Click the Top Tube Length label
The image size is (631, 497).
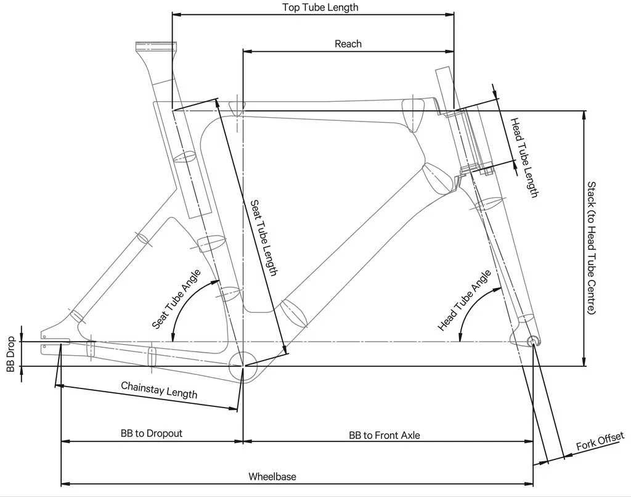pyautogui.click(x=320, y=7)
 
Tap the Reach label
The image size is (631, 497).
pyautogui.click(x=348, y=44)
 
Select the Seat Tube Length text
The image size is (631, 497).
pyautogui.click(x=264, y=238)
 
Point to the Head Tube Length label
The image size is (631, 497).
pyautogui.click(x=524, y=157)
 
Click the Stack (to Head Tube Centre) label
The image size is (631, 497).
pyautogui.click(x=591, y=248)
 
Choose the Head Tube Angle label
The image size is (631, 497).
pyautogui.click(x=465, y=300)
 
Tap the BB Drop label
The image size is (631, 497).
pyautogui.click(x=11, y=354)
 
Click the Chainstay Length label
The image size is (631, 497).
pyautogui.click(x=160, y=390)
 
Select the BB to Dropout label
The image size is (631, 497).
pyautogui.click(x=152, y=433)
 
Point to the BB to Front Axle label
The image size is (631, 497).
pyautogui.click(x=385, y=435)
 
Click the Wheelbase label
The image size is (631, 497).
pyautogui.click(x=272, y=477)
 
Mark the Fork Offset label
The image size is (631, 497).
pyautogui.click(x=600, y=441)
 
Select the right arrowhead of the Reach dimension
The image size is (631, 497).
pyautogui.click(x=449, y=52)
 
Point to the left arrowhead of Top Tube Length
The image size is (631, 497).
pyautogui.click(x=177, y=15)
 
